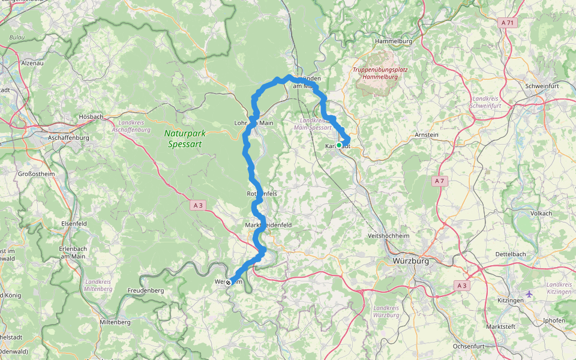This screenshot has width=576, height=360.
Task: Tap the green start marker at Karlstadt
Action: point(339,145)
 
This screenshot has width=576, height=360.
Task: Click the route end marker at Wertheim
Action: point(228,282)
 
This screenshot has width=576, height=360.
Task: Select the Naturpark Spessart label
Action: point(183,139)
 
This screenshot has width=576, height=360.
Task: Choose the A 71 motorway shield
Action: point(508,23)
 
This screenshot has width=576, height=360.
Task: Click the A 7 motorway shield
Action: point(439,181)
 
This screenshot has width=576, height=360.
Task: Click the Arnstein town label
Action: point(427,135)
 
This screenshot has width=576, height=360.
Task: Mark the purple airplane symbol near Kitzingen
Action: point(529,293)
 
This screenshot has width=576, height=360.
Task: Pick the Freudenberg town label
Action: point(145,290)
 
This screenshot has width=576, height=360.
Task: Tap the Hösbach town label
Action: point(91,116)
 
